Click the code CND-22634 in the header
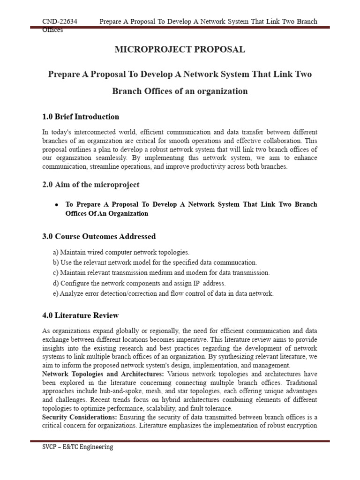pyautogui.click(x=60, y=22)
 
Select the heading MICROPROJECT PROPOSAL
pyautogui.click(x=180, y=50)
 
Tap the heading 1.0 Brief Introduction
pyautogui.click(x=81, y=117)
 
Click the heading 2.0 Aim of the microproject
pyautogui.click(x=90, y=185)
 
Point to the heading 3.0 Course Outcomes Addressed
pyautogui.click(x=99, y=236)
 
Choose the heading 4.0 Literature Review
pyautogui.click(x=80, y=315)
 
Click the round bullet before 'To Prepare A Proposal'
pyautogui.click(x=57, y=205)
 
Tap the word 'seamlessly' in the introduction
pyautogui.click(x=105, y=158)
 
